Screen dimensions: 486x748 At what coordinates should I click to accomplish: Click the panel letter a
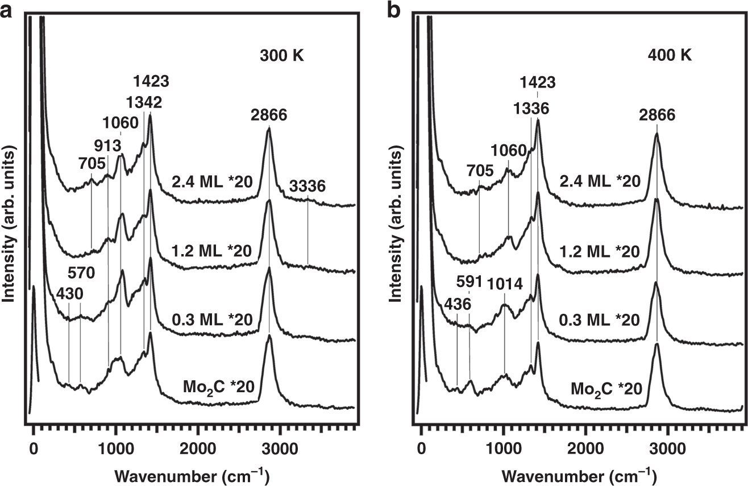[7, 9]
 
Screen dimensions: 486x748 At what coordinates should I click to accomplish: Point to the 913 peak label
[106, 144]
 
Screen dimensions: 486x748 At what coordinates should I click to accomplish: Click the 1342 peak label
[144, 102]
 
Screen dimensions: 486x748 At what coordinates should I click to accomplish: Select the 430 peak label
[68, 293]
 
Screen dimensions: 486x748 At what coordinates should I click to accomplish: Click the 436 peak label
[458, 305]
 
